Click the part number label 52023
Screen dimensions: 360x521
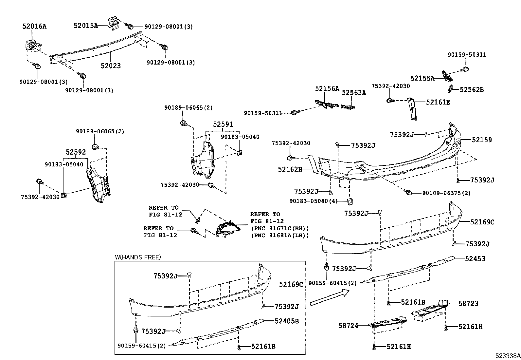tap(111, 66)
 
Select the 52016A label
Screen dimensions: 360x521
tap(34, 26)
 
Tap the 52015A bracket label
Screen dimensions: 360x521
tap(86, 26)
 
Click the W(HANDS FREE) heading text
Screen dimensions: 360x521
tap(138, 257)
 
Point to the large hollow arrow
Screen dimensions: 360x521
tap(330, 298)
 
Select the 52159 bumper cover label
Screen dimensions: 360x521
tap(482, 140)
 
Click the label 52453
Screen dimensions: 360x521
tap(475, 258)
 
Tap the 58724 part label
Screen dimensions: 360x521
tap(348, 326)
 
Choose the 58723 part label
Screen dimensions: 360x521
tap(468, 303)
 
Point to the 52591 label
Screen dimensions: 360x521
tap(223, 124)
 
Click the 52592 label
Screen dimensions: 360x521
tap(76, 152)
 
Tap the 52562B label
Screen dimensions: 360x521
tap(472, 89)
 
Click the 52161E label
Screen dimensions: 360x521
tap(438, 102)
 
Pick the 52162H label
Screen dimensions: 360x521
tap(290, 169)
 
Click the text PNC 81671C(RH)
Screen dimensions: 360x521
tap(280, 228)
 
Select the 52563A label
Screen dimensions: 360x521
tap(354, 93)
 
